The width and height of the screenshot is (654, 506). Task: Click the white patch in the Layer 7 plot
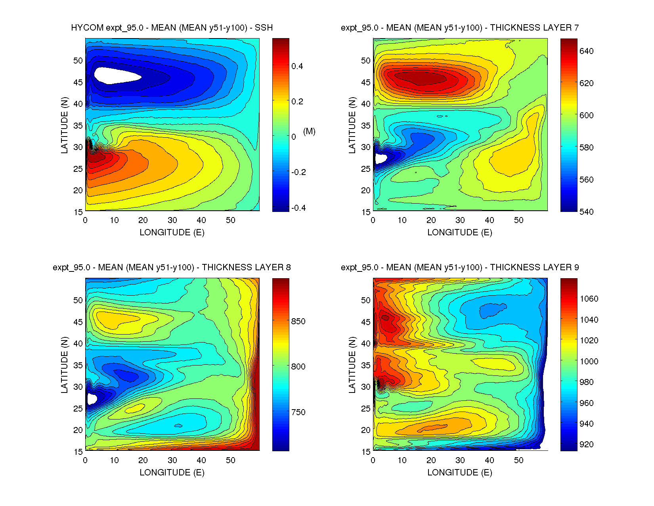pos(381,158)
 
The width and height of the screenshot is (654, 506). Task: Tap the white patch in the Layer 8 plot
pos(92,399)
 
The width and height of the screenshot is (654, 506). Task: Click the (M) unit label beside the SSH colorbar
pos(309,131)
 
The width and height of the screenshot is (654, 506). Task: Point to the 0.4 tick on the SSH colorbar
pos(297,66)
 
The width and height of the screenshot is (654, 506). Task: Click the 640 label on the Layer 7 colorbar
pos(586,51)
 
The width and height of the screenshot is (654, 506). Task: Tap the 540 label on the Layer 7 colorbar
pos(586,212)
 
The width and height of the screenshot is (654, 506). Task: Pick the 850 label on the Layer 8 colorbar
pos(298,321)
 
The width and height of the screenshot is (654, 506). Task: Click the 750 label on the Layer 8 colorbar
pos(298,412)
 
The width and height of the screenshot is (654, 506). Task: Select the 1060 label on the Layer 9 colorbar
pos(589,299)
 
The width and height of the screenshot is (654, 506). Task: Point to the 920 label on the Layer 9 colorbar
pos(586,444)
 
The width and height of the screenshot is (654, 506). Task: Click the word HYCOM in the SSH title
pos(87,28)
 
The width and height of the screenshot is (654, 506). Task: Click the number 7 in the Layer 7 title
pos(576,28)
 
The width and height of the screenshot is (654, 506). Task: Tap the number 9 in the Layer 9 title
pos(576,267)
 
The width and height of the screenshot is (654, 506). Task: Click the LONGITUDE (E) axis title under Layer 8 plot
pos(172,472)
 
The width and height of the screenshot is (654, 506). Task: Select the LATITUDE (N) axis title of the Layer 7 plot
pos(352,125)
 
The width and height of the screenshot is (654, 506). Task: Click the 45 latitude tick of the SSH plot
pos(78,83)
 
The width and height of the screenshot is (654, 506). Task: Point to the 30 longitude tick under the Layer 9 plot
pos(460,460)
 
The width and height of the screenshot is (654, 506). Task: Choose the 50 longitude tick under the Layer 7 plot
pos(518,220)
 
